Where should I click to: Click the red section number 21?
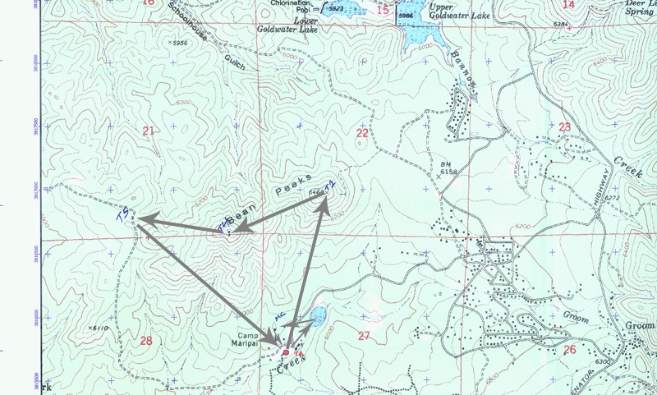tap(148, 131)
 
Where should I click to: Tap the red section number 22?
tap(362, 132)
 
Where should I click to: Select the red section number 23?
tap(564, 126)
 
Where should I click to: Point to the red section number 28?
tap(146, 341)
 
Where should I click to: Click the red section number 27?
tap(363, 335)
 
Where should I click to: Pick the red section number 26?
tap(570, 348)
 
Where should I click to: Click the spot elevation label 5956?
tap(177, 42)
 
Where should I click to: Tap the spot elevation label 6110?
tap(97, 328)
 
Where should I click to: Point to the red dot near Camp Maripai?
tap(286, 352)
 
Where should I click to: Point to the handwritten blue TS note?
tap(123, 216)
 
